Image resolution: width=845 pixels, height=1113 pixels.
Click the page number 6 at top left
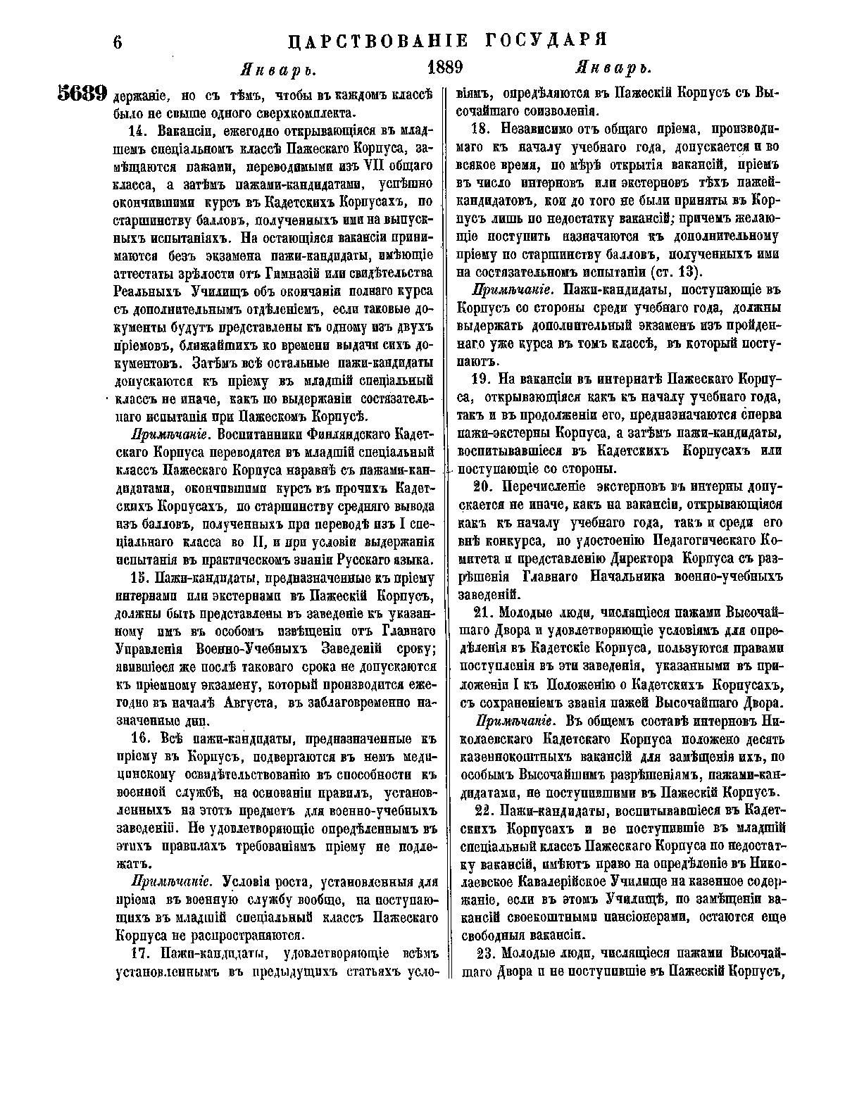coord(118,42)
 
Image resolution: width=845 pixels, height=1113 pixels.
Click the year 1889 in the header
coord(444,68)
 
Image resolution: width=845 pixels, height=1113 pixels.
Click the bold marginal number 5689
coord(82,94)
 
